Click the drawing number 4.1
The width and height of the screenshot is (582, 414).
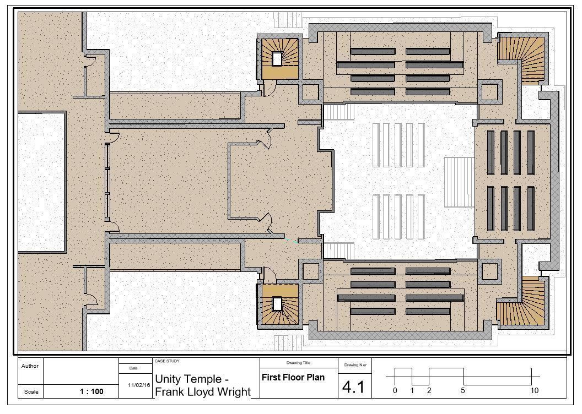pyautogui.click(x=353, y=386)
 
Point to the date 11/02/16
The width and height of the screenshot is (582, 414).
pyautogui.click(x=139, y=385)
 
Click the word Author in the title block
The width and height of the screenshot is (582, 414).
pyautogui.click(x=30, y=366)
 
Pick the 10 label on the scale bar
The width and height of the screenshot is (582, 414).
pyautogui.click(x=534, y=391)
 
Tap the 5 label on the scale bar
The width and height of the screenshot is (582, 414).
pyautogui.click(x=463, y=391)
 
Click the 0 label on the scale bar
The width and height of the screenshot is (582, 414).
pyautogui.click(x=395, y=391)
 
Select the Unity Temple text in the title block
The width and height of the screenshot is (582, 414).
pyautogui.click(x=191, y=379)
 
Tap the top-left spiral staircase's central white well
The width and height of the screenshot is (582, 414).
pyautogui.click(x=277, y=59)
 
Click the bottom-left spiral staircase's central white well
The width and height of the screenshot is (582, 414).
pyautogui.click(x=277, y=303)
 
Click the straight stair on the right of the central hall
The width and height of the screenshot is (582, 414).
pyautogui.click(x=459, y=182)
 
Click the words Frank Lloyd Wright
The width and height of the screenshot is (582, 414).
pyautogui.click(x=202, y=392)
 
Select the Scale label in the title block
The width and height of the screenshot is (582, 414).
pyautogui.click(x=30, y=392)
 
